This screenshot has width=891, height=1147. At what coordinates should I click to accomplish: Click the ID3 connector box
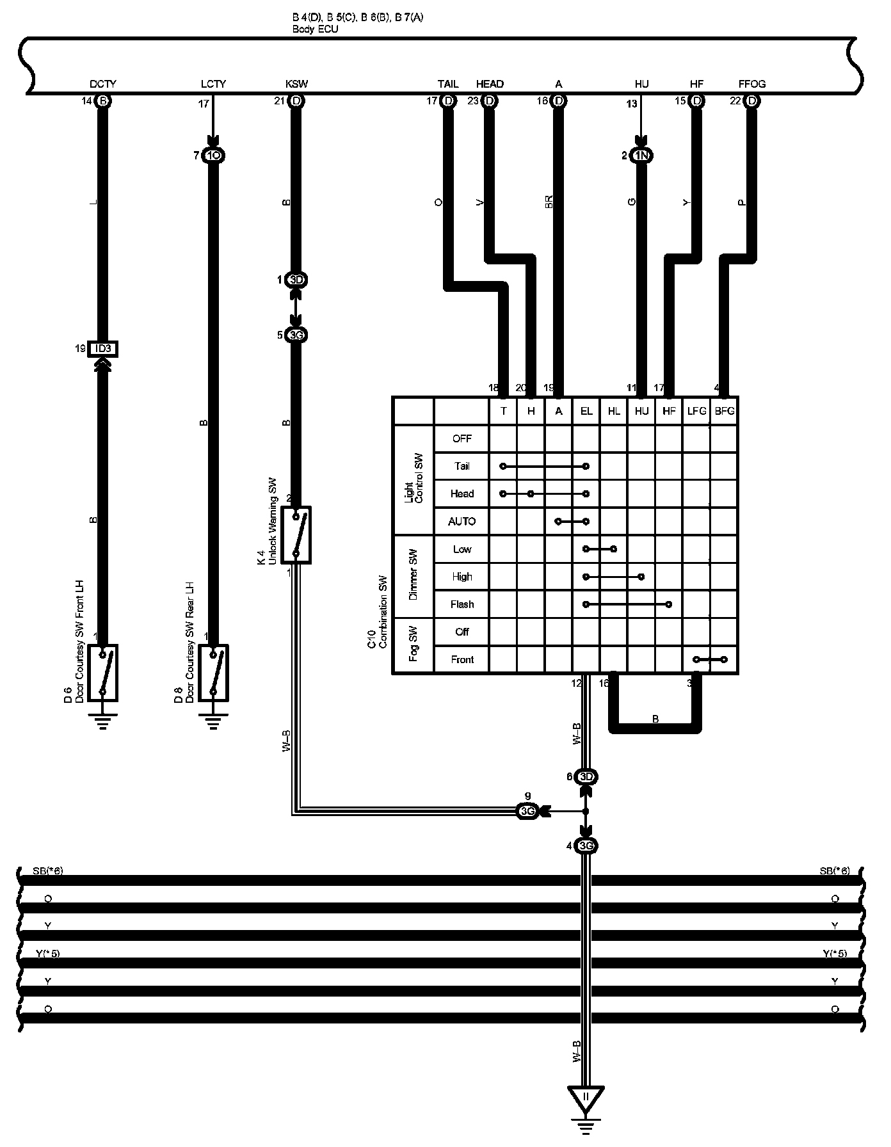pos(103,349)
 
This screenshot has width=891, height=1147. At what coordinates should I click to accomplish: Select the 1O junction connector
pos(213,155)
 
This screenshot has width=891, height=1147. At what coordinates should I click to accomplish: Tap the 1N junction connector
pos(641,155)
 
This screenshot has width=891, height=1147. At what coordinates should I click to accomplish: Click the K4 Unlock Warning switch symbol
pos(296,535)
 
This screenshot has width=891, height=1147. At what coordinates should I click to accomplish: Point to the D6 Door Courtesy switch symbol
pos(103,672)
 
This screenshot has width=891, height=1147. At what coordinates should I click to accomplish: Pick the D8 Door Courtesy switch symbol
pos(213,672)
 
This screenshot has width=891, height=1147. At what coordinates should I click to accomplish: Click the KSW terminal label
pos(296,84)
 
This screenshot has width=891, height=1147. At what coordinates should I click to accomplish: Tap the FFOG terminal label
pos(751,84)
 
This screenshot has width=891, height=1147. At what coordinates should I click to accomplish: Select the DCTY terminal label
pos(103,84)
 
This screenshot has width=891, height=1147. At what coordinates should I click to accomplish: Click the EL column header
pos(586,412)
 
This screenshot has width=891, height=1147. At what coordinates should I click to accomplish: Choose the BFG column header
pos(725,412)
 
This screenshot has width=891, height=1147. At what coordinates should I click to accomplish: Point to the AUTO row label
pos(462,522)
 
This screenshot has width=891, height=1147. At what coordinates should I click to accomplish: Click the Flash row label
pos(462,604)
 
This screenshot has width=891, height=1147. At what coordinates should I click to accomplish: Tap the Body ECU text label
pos(315,29)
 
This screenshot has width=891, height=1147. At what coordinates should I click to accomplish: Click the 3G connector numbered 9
pos(527,812)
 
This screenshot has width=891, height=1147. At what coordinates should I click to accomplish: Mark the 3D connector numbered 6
pos(586,777)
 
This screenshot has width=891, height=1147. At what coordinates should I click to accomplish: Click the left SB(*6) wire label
pos(48,871)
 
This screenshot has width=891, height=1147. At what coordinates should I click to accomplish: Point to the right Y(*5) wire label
pos(835,954)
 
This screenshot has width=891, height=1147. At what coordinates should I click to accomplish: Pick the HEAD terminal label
pos(490,84)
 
